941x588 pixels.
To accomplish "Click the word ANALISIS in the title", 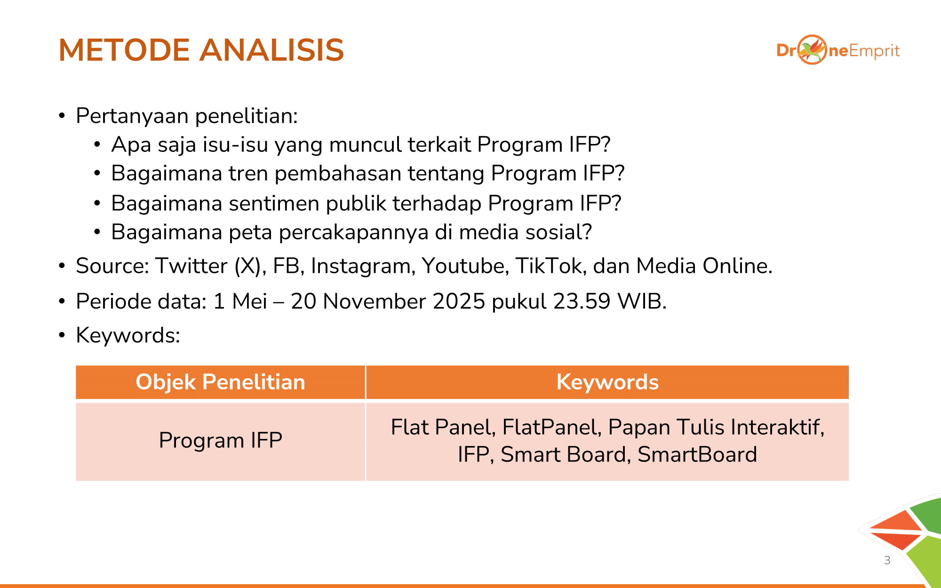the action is tap(271, 50).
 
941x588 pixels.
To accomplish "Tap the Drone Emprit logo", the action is tap(838, 49).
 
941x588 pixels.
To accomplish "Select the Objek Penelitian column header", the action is tap(220, 382).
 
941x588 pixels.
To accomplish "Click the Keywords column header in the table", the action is tap(607, 382).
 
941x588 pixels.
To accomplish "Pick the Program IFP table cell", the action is tap(220, 441).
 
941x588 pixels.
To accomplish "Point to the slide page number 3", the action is tap(887, 560).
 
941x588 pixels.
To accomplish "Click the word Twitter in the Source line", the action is tap(191, 266).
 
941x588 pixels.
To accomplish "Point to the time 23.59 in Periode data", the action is tap(582, 302).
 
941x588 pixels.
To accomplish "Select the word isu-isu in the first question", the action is tap(236, 144).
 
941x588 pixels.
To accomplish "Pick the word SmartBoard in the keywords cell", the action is tap(697, 454).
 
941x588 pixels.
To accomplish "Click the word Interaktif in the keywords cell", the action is tap(778, 427).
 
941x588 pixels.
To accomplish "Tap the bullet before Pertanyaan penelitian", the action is tap(62, 116).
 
